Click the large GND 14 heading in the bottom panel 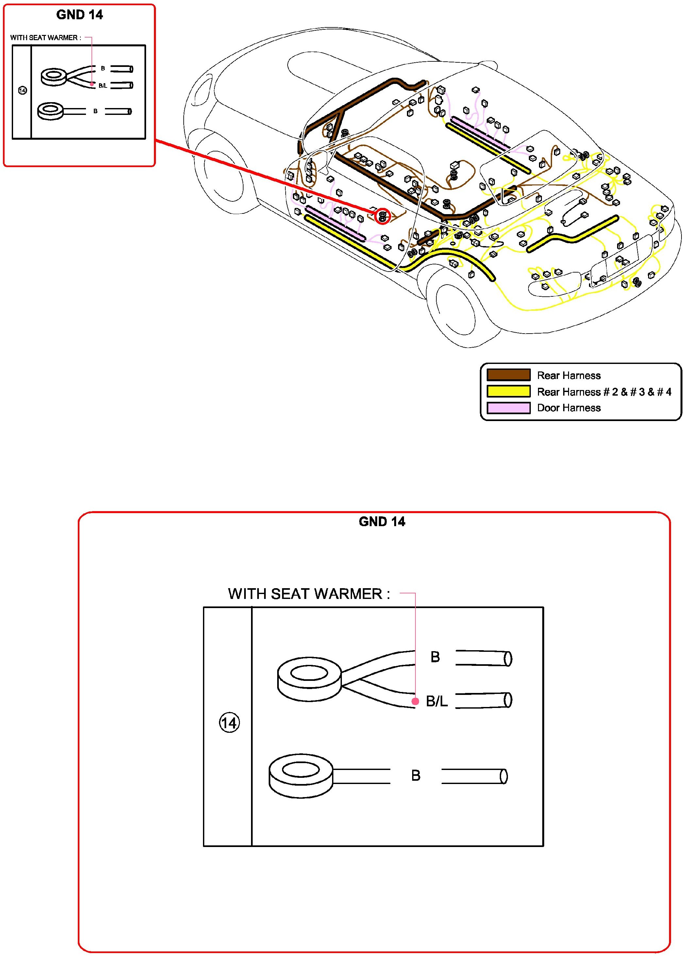pos(381,522)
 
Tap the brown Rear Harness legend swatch pos(508,375)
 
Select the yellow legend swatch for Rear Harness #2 pos(508,392)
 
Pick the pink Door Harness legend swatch pos(508,408)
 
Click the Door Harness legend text pos(569,408)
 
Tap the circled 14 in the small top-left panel pos(23,90)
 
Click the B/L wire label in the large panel pos(436,701)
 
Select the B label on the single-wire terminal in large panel pos(416,776)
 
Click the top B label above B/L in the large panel pos(435,657)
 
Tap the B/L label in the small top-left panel pos(103,86)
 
